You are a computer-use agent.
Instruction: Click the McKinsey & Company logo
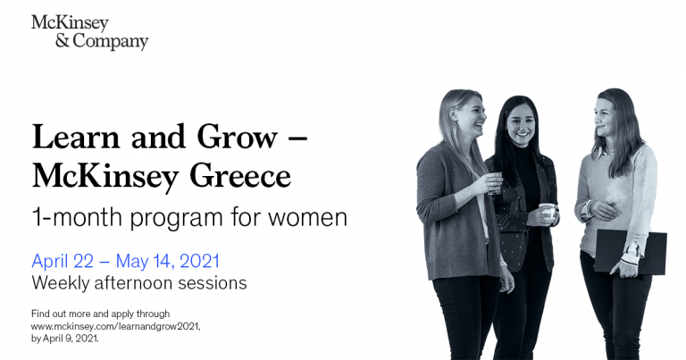pyautogui.click(x=89, y=31)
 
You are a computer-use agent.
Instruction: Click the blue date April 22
pyautogui.click(x=70, y=261)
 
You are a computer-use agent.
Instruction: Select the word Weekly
pyautogui.click(x=62, y=283)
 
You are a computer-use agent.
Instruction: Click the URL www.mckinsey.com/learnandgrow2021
pyautogui.click(x=115, y=327)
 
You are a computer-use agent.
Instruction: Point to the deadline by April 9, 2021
pyautogui.click(x=65, y=339)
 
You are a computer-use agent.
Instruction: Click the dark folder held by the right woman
pyautogui.click(x=631, y=252)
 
